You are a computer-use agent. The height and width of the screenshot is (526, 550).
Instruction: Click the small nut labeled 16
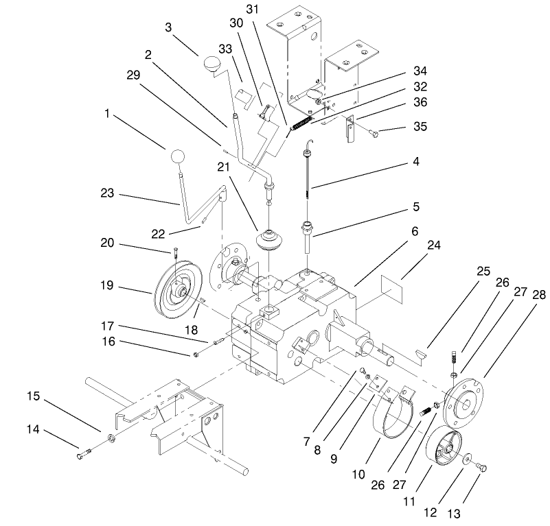pyautogui.click(x=196, y=354)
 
